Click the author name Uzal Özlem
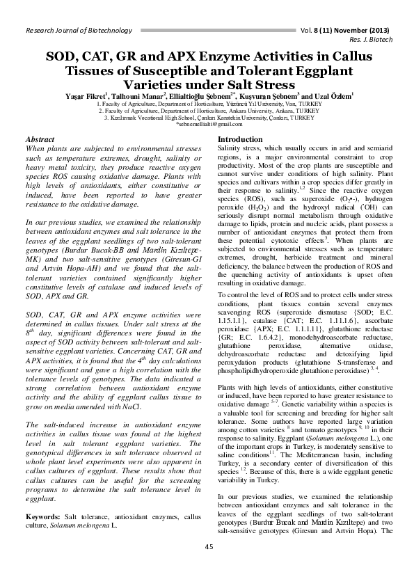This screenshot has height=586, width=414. (x=333, y=95)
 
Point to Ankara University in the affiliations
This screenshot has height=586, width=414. (x=237, y=110)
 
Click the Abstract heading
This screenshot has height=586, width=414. (x=40, y=140)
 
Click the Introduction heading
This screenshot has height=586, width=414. (x=241, y=140)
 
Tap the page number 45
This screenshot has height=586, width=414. (x=208, y=546)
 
